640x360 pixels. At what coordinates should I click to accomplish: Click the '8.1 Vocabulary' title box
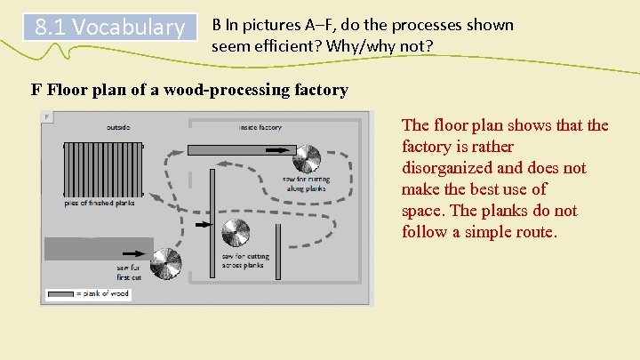109,28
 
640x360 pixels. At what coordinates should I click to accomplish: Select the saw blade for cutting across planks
236,233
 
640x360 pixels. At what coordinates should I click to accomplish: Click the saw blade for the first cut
165,263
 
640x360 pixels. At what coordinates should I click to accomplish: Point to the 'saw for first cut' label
130,272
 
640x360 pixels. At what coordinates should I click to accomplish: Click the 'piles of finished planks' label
99,204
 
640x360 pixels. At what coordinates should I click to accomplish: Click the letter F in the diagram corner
47,116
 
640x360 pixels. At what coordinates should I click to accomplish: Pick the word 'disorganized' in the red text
445,168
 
